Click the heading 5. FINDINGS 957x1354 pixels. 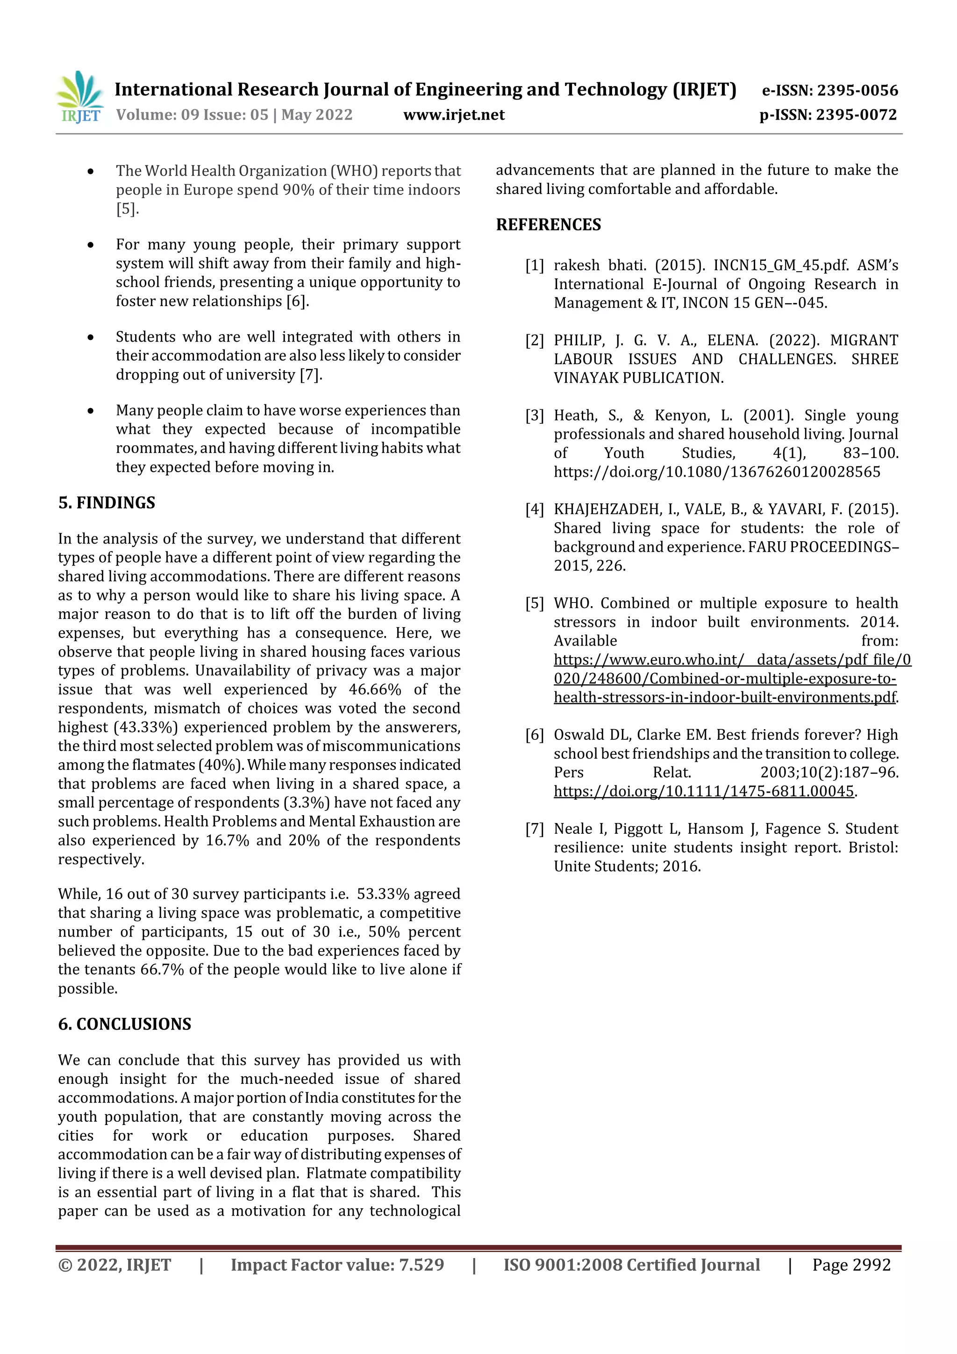[107, 502]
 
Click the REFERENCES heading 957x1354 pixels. [549, 225]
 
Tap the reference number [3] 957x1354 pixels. [534, 416]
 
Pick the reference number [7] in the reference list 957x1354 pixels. [534, 829]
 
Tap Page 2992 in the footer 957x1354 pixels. [851, 1264]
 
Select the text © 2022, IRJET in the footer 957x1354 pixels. [114, 1264]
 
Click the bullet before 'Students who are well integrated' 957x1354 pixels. [90, 337]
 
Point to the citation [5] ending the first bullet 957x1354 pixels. [126, 209]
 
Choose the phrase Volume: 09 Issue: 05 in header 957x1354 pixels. [192, 115]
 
